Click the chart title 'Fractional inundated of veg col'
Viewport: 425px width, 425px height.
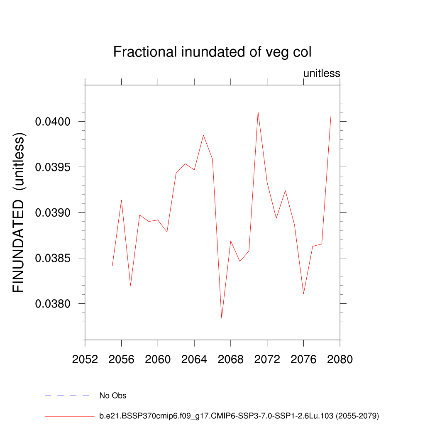[212, 52]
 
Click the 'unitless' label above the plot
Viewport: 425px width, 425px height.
[322, 73]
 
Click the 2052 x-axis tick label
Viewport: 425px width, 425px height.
[85, 359]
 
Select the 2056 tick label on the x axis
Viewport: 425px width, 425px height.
[121, 359]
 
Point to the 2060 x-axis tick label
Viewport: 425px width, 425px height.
[158, 359]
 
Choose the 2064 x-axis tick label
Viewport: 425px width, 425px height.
[194, 359]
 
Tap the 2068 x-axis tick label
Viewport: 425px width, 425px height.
[231, 359]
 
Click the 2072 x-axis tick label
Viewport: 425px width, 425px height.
[267, 359]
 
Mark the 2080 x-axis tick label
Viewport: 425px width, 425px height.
[340, 359]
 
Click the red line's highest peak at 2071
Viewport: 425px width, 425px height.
[258, 112]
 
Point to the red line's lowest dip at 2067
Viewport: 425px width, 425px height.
[222, 318]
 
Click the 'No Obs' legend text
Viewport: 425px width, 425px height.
[113, 396]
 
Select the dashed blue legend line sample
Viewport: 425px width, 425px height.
[67, 396]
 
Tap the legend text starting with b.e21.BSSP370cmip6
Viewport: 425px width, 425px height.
[239, 415]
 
